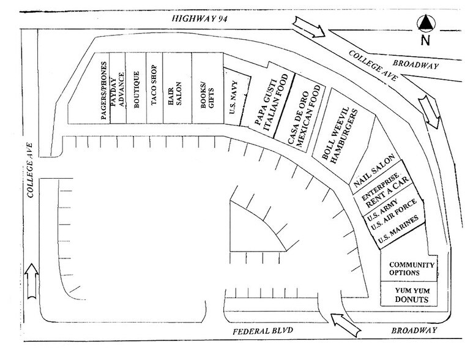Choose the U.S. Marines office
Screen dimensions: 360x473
(x=398, y=230)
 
